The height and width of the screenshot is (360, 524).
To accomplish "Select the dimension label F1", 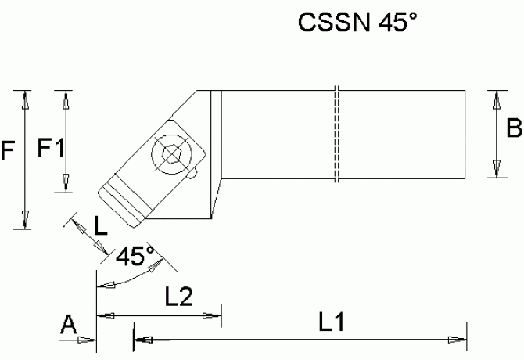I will pos(50,146).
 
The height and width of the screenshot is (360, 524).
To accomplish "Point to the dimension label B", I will pos(513,128).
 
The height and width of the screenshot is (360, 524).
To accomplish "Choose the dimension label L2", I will pos(179,297).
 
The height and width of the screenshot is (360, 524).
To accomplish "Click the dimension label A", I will pos(70,325).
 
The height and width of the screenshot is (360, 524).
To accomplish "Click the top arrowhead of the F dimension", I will pos(26,97).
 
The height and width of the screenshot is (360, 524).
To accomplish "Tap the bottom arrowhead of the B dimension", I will pos(494,170).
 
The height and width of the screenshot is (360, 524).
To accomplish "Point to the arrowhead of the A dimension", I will pos(89,340).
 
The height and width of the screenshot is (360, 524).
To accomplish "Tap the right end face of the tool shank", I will pos(465,134).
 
